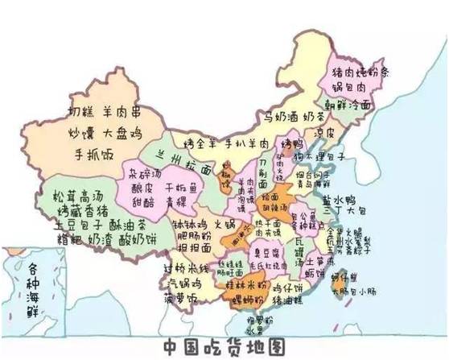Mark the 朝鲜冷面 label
point(348,106)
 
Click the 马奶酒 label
point(282,118)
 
